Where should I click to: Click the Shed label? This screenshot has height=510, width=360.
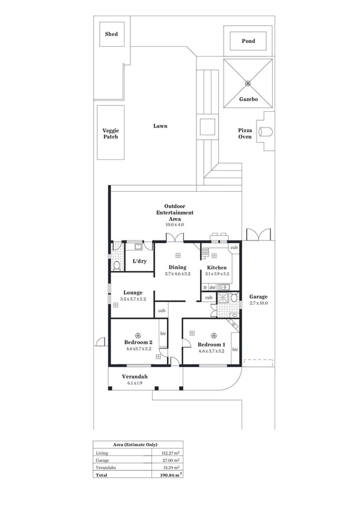coord(111,34)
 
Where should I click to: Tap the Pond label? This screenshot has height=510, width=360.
coord(248,41)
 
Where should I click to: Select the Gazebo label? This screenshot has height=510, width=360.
coord(249,99)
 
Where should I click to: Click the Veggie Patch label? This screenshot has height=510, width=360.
coord(110,133)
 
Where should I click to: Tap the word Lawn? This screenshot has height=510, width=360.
coord(160,126)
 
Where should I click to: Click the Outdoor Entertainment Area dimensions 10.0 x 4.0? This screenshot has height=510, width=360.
coord(174,224)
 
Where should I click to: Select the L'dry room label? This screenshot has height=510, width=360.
coord(139,261)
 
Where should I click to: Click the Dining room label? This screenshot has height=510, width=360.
coord(177,267)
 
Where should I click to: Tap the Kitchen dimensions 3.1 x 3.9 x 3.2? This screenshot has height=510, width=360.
coord(217,274)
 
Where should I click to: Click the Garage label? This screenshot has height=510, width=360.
coord(258,297)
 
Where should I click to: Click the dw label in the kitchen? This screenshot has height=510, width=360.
coord(212,287)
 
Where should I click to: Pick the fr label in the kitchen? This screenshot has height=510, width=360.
coord(205,287)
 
